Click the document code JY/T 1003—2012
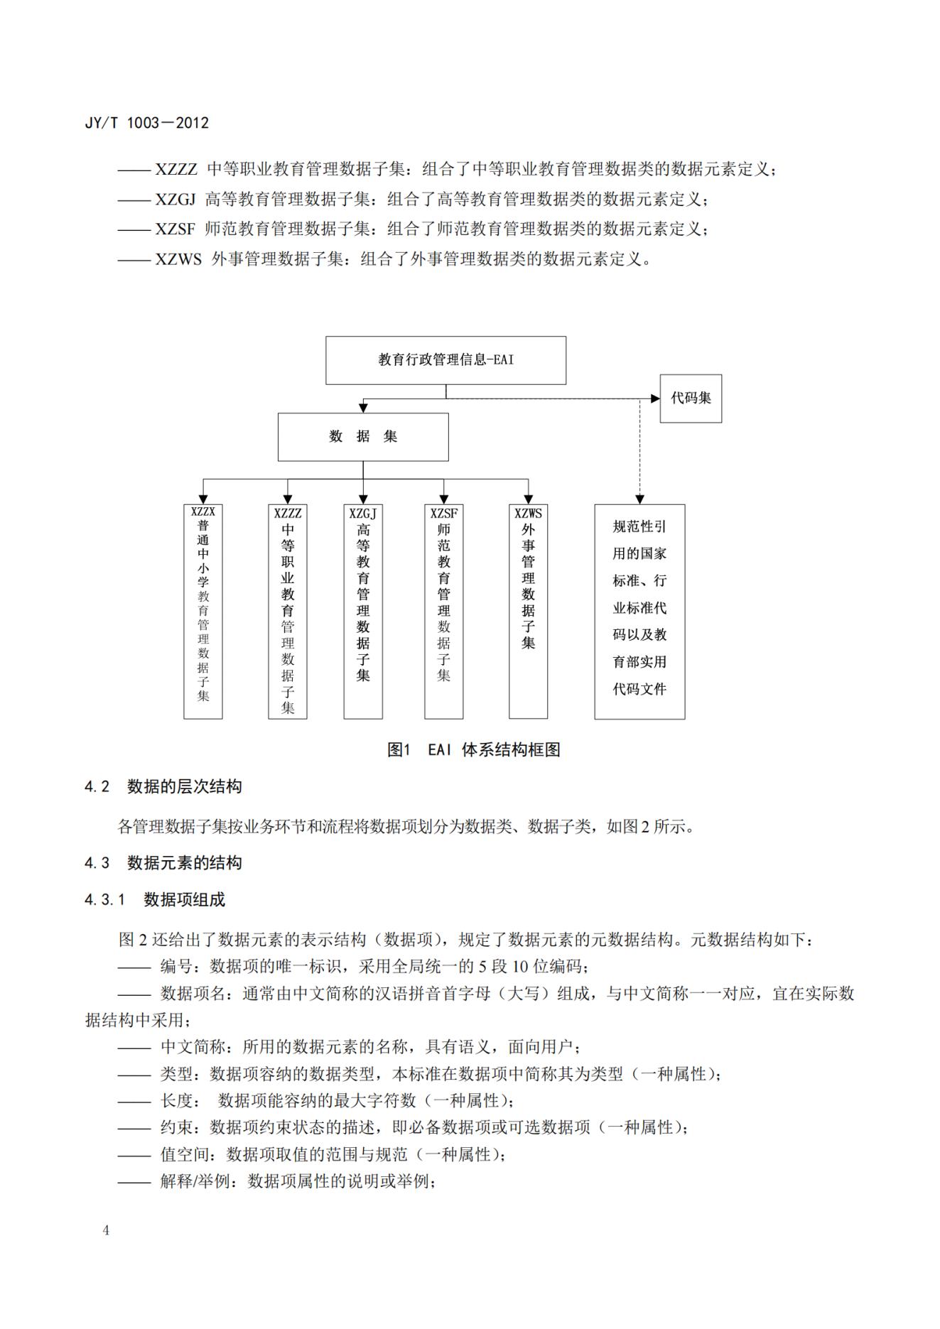coord(146,123)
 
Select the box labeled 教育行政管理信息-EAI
coord(445,360)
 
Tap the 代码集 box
coord(691,398)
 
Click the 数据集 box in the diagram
coord(363,437)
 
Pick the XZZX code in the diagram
coord(203,511)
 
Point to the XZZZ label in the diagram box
coord(288,513)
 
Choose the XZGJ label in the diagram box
coord(363,513)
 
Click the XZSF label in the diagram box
coord(444,513)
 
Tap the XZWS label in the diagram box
coord(528,513)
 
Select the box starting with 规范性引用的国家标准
coord(639,611)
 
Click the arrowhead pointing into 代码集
coord(655,398)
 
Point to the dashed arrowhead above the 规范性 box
coord(639,499)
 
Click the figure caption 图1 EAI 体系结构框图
coord(473,750)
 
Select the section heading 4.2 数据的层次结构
coord(163,787)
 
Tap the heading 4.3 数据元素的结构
coord(163,863)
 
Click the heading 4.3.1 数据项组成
coord(155,900)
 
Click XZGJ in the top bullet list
coord(175,200)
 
